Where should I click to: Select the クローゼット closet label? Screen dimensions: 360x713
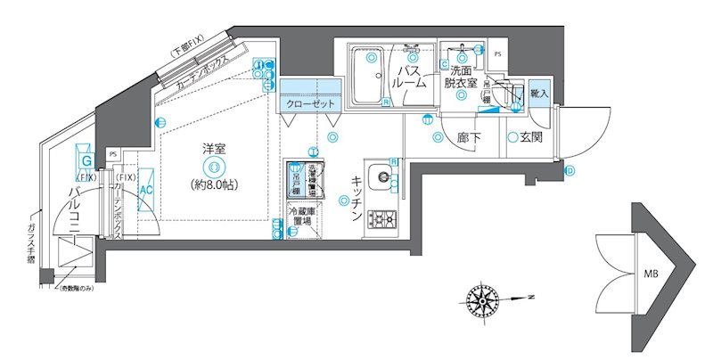point(310,104)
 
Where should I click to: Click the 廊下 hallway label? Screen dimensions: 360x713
point(470,138)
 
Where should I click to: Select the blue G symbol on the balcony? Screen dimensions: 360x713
point(86,161)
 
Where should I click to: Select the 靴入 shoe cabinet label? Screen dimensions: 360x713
point(539,92)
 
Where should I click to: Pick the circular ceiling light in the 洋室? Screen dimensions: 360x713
point(212,167)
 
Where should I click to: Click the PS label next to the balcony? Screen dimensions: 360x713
point(112,154)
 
